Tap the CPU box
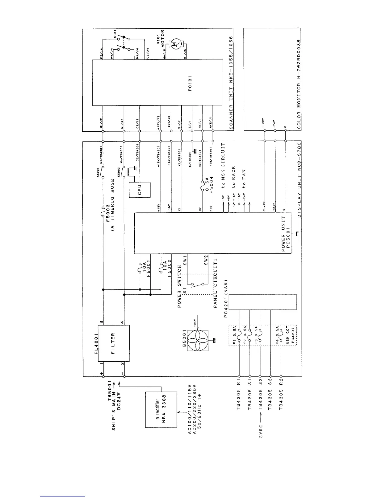point(140,189)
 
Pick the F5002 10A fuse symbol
point(161,268)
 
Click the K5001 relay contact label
point(98,173)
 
